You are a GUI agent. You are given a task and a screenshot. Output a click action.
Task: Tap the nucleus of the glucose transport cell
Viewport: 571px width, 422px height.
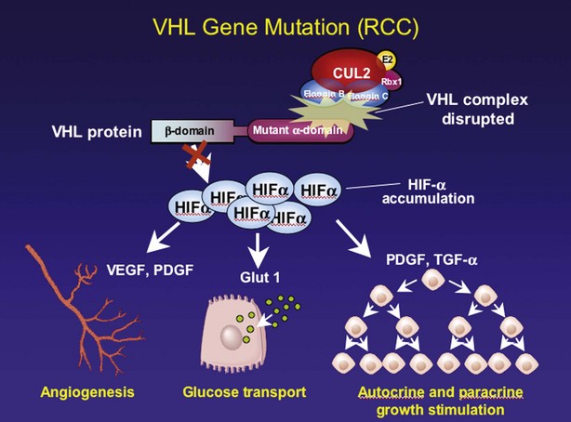[229, 338]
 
